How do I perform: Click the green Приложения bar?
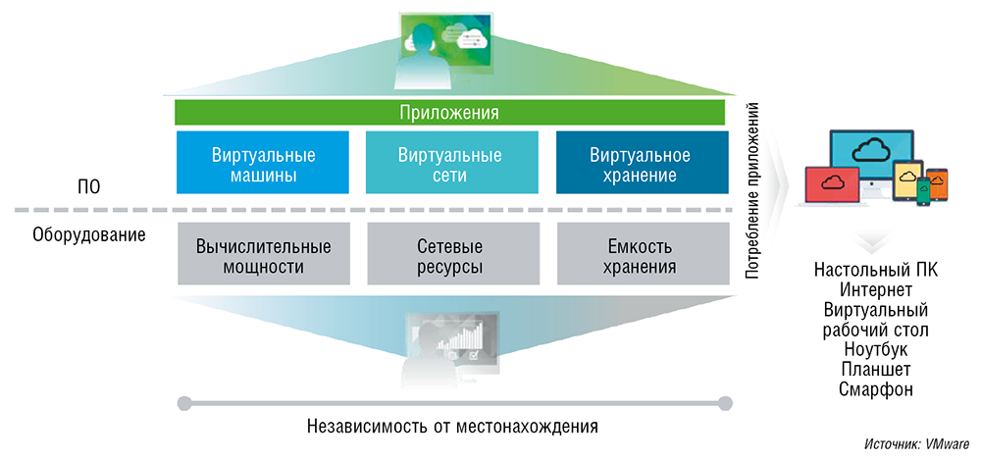click(x=449, y=112)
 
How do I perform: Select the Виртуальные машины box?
click(x=263, y=165)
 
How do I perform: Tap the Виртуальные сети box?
click(x=450, y=165)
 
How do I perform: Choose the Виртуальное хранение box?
click(x=640, y=165)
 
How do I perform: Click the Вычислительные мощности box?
click(x=263, y=255)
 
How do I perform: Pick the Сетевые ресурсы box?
click(x=450, y=255)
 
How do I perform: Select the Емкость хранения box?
click(x=640, y=255)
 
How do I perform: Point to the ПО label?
click(x=89, y=184)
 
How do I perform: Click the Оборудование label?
click(x=89, y=235)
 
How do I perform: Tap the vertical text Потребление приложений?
click(x=752, y=191)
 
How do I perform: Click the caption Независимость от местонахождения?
click(x=452, y=427)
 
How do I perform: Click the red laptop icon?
click(x=832, y=186)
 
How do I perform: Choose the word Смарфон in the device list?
click(x=876, y=389)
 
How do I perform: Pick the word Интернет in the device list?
click(x=876, y=289)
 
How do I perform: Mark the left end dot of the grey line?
click(x=181, y=402)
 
